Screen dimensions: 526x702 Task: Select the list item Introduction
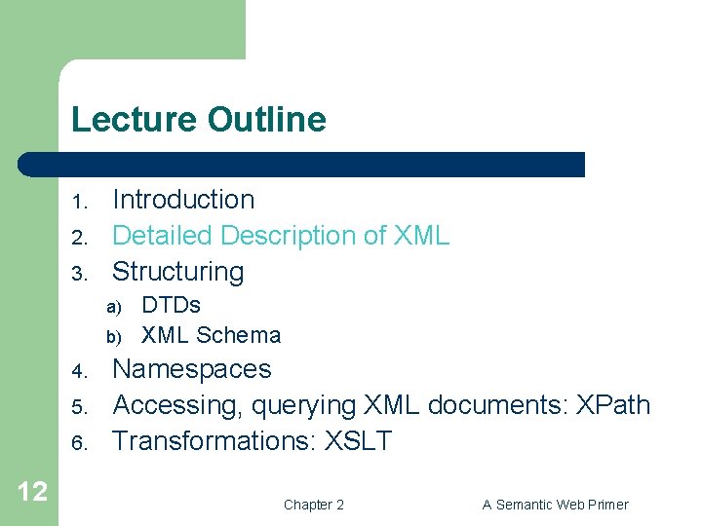(183, 200)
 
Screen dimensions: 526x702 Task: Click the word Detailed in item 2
(163, 236)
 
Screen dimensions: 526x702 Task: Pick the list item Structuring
(177, 272)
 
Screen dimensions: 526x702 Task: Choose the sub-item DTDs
(171, 305)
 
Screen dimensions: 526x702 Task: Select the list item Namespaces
(192, 369)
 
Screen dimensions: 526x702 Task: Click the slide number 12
(31, 491)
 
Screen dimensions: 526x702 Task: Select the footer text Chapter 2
(313, 505)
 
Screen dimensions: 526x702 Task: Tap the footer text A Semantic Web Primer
(555, 505)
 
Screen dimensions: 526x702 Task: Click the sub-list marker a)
(113, 307)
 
